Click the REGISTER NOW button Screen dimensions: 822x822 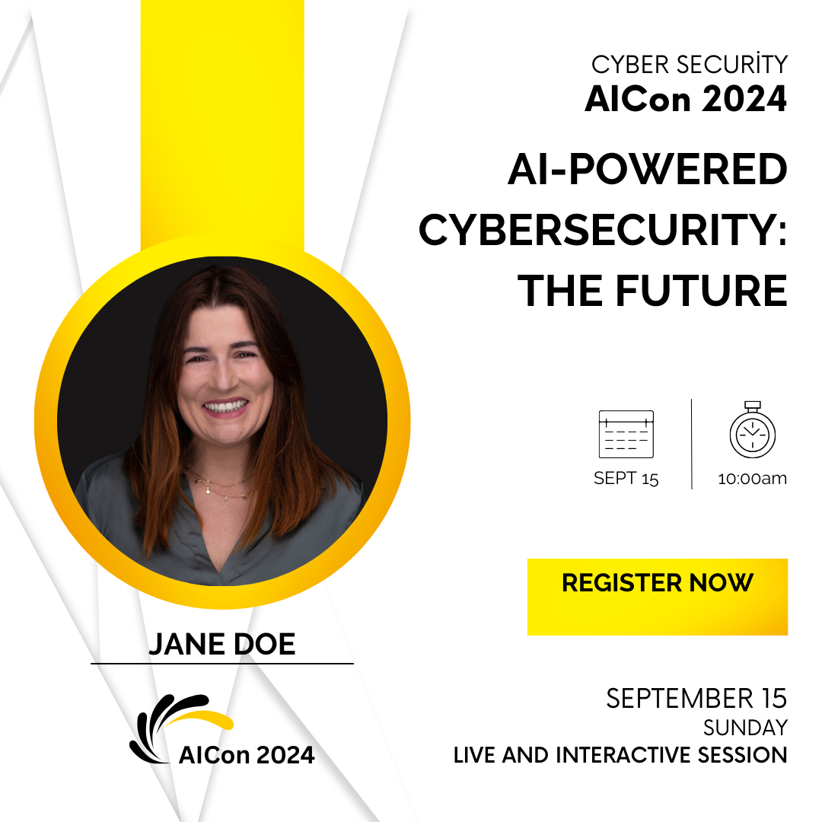(658, 597)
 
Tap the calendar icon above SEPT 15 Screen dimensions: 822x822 (626, 434)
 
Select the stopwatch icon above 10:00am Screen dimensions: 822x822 (752, 430)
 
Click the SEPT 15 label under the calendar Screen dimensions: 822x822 (626, 478)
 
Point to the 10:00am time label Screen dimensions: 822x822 (752, 478)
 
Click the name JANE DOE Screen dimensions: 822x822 (221, 644)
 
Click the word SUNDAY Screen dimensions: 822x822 (745, 728)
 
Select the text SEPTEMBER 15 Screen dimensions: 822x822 (696, 698)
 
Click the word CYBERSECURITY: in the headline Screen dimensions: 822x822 (603, 230)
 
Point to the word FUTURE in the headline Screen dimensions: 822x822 (702, 291)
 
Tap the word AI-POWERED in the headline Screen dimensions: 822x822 (648, 169)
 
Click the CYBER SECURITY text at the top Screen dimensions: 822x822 (690, 65)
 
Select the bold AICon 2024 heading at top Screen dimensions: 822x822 (686, 98)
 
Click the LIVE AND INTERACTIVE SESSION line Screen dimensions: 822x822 (620, 755)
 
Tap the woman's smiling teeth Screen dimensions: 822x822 (225, 406)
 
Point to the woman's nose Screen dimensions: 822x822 (225, 374)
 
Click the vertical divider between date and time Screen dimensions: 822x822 (691, 444)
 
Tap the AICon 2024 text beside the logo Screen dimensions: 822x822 (247, 755)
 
